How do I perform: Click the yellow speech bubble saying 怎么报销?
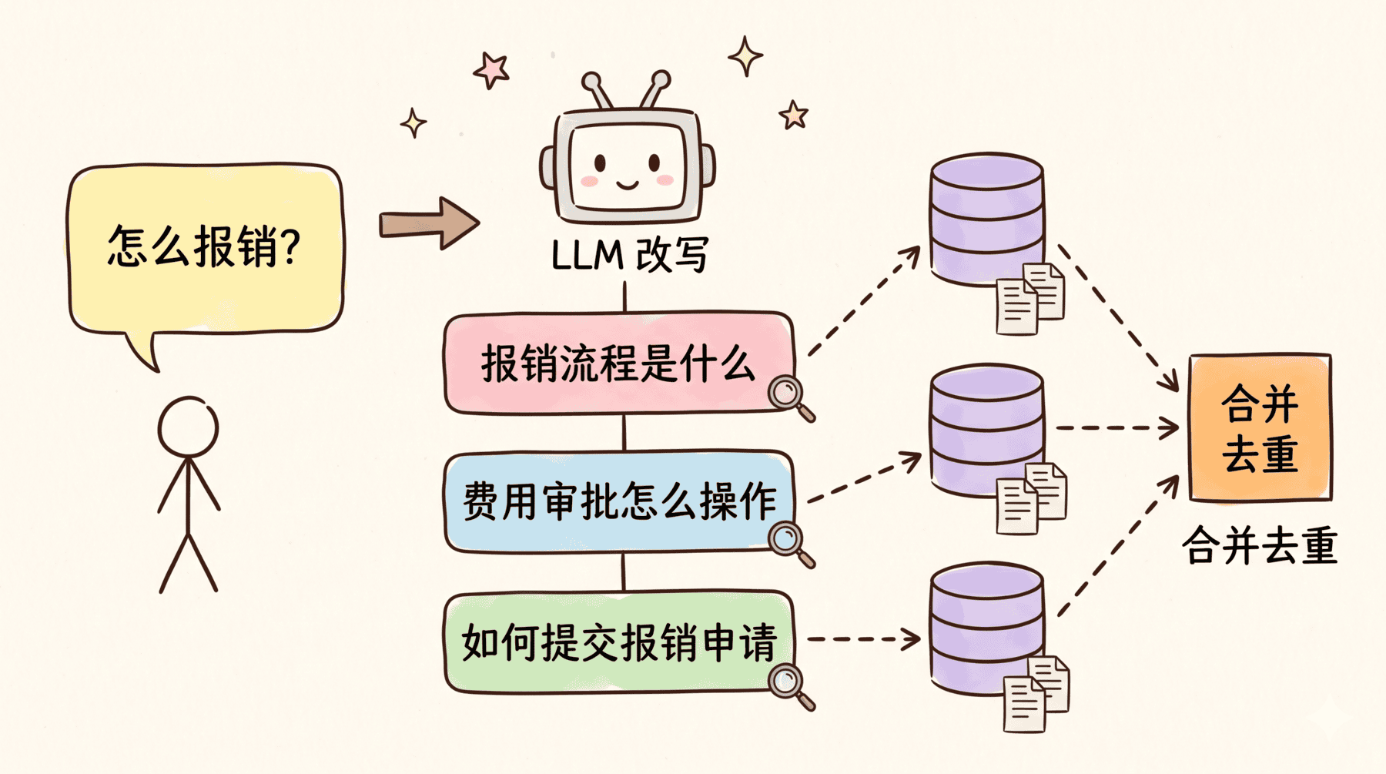[x=205, y=248]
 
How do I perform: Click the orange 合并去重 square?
[x=1260, y=427]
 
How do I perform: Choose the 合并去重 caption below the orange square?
[x=1260, y=546]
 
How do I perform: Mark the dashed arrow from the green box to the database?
[x=862, y=638]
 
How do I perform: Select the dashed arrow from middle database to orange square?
[x=1116, y=427]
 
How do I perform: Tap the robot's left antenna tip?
[x=591, y=80]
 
